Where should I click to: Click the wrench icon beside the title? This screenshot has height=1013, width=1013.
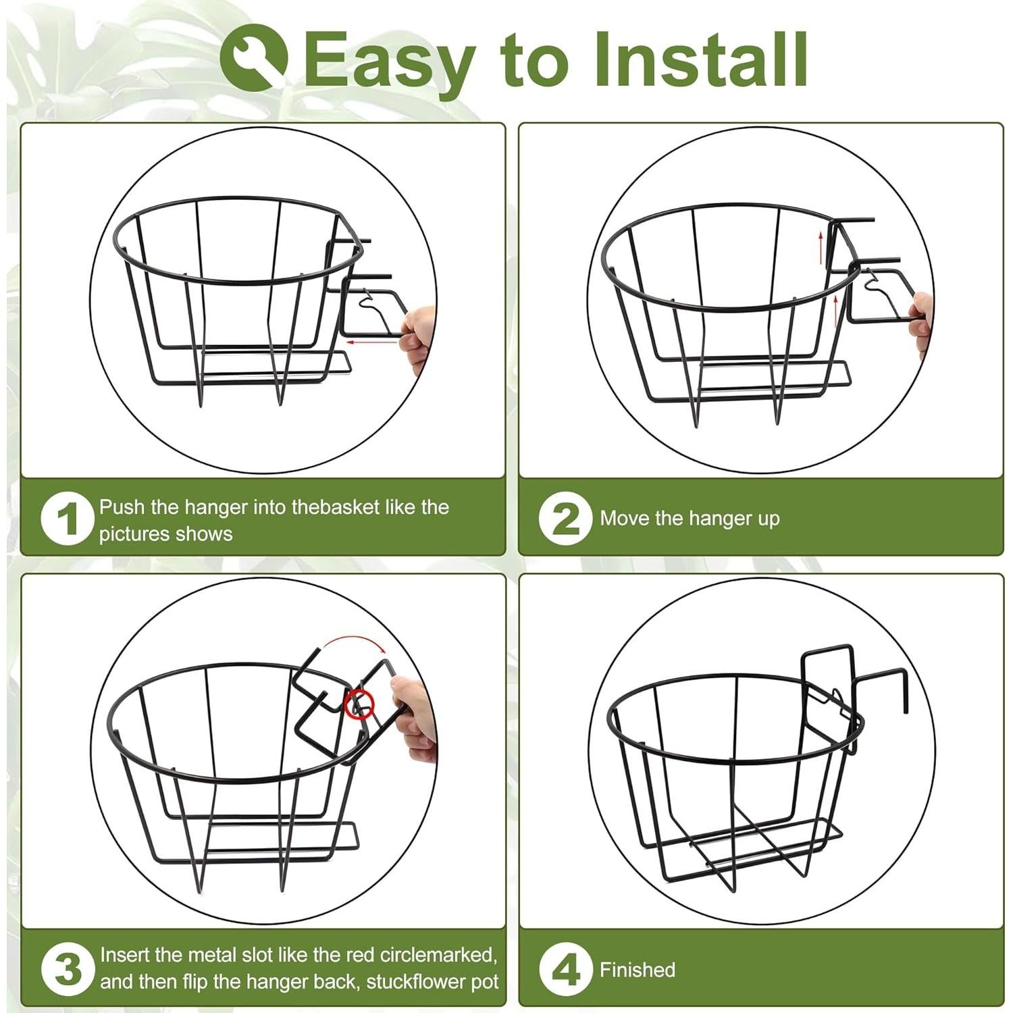coord(254,57)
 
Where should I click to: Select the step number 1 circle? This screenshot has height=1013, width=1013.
coord(67,519)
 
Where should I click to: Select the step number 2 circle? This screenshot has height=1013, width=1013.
coord(565,519)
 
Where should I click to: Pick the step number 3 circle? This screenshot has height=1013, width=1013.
coord(67,969)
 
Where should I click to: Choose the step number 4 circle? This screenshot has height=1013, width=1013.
coord(565,969)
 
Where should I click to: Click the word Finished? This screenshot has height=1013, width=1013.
coord(638,970)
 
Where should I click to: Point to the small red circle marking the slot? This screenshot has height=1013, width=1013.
coord(359,704)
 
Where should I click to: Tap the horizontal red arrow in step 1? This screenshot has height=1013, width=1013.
coord(371,342)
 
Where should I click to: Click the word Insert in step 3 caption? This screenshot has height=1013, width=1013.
coord(125,955)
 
